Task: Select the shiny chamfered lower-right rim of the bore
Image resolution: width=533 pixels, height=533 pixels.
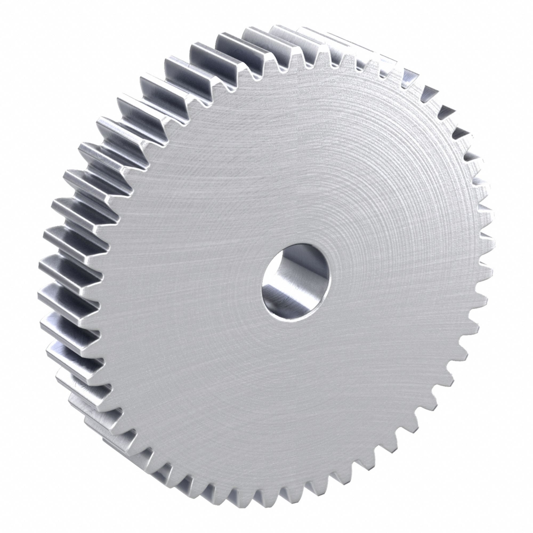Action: (320, 306)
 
